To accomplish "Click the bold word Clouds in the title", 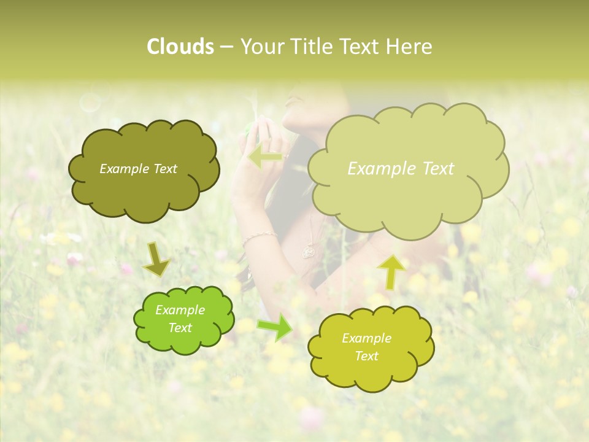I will tap(180, 47).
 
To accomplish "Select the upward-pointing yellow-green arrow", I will tap(392, 271).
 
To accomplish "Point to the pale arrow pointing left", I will tap(266, 157).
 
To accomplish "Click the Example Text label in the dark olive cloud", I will tap(138, 169).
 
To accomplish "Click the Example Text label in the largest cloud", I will tap(401, 169).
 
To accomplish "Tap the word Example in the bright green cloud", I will tap(180, 310).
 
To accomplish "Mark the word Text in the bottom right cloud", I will tap(366, 356).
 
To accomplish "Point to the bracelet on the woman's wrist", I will tap(259, 236).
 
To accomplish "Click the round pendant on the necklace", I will tap(309, 251).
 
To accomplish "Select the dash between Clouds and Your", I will tap(226, 47).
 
